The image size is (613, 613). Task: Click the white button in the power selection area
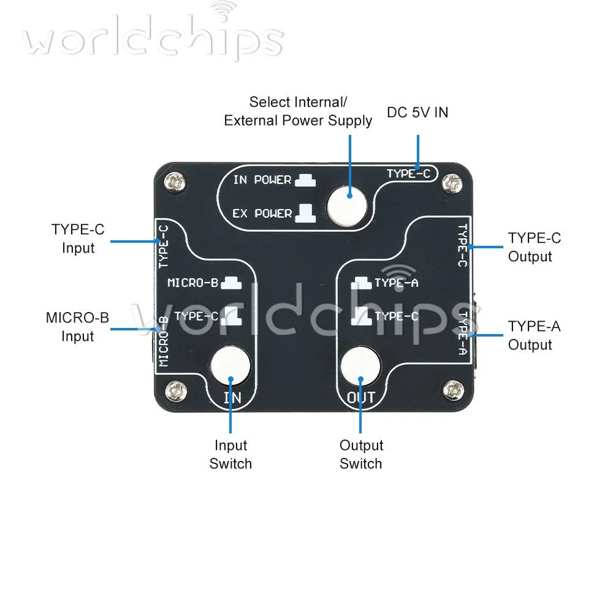[x=347, y=206]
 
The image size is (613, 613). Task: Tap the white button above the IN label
[x=230, y=366]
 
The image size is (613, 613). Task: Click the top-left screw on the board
[x=174, y=182]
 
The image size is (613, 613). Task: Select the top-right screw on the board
[x=452, y=183]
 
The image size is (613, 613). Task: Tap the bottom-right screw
[x=453, y=390]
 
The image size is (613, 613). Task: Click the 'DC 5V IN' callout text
[x=417, y=113]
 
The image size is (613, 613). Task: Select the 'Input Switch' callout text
[x=230, y=454]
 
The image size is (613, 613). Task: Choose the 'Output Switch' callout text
[x=361, y=454]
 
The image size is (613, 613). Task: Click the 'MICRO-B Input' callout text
[x=77, y=327]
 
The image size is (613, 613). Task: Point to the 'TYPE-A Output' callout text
[x=534, y=335]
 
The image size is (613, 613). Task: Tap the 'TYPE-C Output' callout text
[x=535, y=247]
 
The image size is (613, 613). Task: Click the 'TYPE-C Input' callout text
[x=78, y=238]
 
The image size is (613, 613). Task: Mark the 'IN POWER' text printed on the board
[x=262, y=180]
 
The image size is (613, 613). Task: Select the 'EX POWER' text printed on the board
[x=262, y=213]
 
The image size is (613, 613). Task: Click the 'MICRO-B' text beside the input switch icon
[x=192, y=283]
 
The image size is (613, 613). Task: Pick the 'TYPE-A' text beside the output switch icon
[x=397, y=283]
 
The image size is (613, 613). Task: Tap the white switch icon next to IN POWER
[x=305, y=180]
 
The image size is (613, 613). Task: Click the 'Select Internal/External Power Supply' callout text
[x=298, y=112]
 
